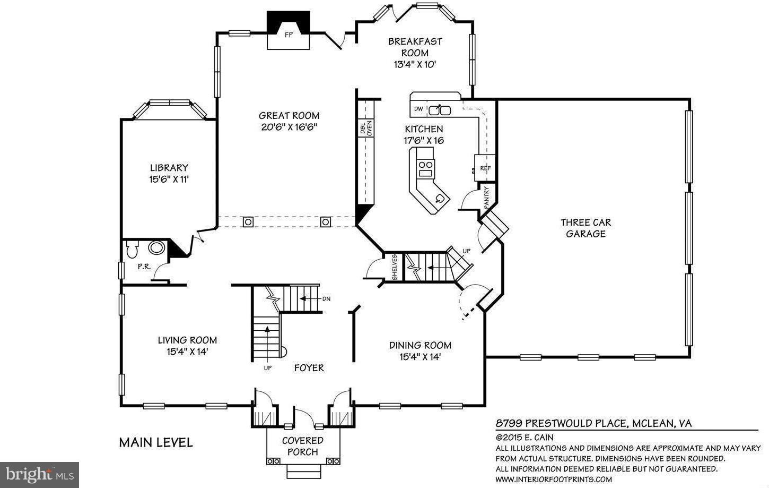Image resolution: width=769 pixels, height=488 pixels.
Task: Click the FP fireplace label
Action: [289, 36]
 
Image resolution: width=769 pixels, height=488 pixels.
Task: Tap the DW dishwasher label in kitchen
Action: [418, 109]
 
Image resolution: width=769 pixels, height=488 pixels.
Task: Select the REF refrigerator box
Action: [485, 168]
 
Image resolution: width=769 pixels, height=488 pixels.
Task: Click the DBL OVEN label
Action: [366, 129]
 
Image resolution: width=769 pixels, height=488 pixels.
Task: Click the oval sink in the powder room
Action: [156, 247]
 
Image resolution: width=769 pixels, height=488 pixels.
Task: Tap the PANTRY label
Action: [487, 196]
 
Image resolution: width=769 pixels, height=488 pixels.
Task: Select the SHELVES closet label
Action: [395, 267]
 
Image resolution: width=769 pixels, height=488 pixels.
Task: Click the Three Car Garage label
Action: [586, 228]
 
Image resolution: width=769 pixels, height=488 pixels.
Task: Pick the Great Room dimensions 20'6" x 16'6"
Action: [289, 127]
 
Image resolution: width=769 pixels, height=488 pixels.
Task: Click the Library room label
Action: [169, 168]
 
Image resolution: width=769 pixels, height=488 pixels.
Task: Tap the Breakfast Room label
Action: [415, 47]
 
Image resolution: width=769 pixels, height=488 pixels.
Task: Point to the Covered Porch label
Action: [302, 446]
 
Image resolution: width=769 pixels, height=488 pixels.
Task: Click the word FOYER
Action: [309, 367]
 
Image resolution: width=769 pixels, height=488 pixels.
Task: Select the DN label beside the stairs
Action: [326, 299]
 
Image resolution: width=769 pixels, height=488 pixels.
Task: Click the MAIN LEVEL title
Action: [156, 442]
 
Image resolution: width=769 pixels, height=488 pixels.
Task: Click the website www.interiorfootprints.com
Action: [554, 479]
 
